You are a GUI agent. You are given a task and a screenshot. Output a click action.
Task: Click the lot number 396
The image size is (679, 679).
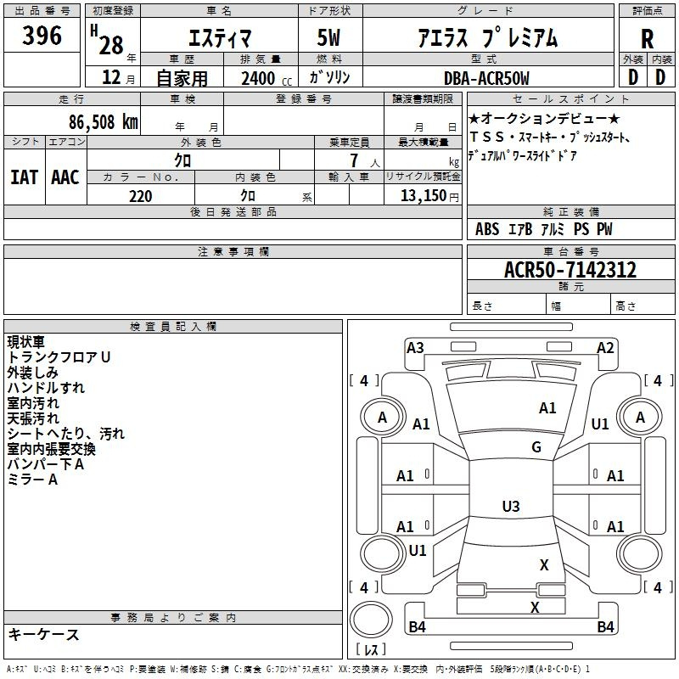[42, 36]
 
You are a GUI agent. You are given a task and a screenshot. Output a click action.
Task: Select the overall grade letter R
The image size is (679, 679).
[647, 38]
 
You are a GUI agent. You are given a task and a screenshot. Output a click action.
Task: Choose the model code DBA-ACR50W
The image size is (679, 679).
[486, 78]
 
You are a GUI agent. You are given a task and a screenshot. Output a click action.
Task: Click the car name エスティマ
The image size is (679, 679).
[218, 38]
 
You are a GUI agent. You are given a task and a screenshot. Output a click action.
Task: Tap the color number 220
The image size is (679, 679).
[140, 196]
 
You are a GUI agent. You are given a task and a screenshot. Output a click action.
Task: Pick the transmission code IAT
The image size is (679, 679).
[25, 177]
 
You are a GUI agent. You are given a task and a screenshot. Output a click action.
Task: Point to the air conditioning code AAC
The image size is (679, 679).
[65, 177]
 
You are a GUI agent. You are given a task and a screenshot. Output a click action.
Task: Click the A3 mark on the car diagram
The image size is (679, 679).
[415, 348]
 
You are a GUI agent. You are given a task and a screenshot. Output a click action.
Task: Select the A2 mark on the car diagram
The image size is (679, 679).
[605, 348]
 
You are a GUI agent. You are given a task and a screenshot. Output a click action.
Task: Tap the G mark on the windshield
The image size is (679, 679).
[536, 447]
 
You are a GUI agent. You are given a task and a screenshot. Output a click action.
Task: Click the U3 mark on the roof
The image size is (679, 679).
[510, 507]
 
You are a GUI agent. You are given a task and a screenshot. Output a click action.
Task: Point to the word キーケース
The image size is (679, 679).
[43, 635]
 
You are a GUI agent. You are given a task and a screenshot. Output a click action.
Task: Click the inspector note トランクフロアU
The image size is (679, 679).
[59, 357]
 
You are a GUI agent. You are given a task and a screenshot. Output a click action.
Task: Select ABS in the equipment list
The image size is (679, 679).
[487, 229]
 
